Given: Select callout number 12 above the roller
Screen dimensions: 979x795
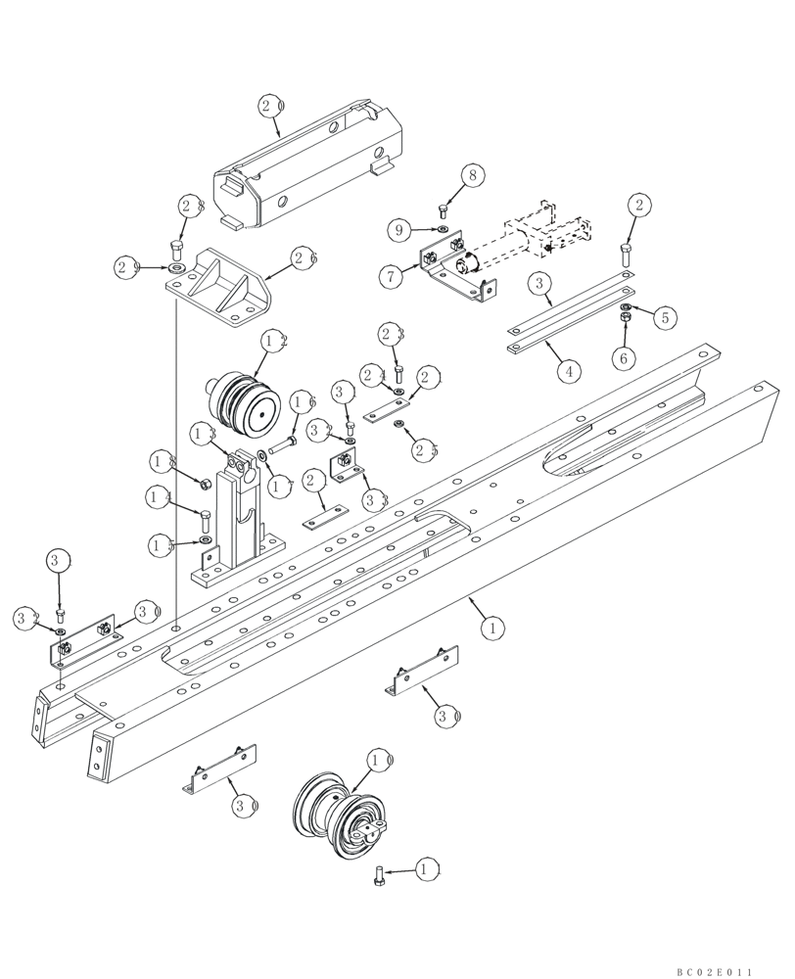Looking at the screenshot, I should coord(274,342).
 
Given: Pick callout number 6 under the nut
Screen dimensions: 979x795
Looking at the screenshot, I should coord(622,359).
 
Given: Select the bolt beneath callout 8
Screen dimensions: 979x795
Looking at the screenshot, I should coord(444,210).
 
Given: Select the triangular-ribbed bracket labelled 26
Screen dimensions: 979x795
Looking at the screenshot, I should coord(220,288).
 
